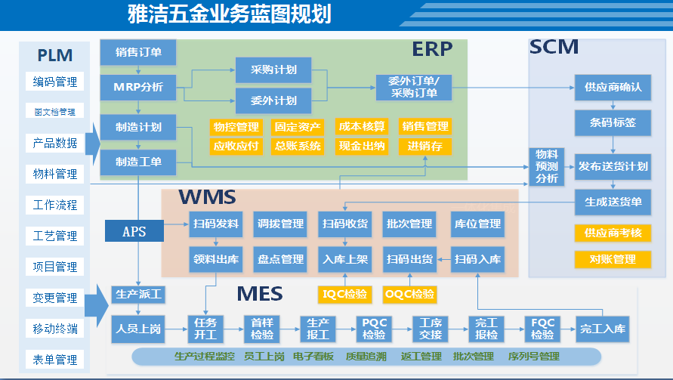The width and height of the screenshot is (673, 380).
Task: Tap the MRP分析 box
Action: [x=138, y=86]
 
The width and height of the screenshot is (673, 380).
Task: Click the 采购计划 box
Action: [x=273, y=70]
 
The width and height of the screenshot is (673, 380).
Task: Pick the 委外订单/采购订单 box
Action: [x=413, y=87]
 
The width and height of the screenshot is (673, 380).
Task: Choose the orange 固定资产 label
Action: [x=298, y=126]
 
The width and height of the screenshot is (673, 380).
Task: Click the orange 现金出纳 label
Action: [x=362, y=146]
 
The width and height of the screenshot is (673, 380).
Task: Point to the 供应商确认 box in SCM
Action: [x=613, y=87]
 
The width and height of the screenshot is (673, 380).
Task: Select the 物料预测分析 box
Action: [x=547, y=166]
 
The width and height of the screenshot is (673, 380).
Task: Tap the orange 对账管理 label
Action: [x=613, y=259]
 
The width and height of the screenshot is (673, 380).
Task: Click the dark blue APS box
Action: [x=134, y=231]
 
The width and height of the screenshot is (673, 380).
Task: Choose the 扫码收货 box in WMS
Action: [x=345, y=224]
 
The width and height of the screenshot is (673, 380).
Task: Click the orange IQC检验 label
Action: [x=346, y=293]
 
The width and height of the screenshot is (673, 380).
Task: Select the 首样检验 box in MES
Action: [x=262, y=329]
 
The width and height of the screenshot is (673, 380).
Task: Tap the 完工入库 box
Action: [x=603, y=329]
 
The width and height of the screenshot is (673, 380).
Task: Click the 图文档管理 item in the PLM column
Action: [x=54, y=112]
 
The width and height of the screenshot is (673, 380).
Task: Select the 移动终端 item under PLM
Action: [x=54, y=329]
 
